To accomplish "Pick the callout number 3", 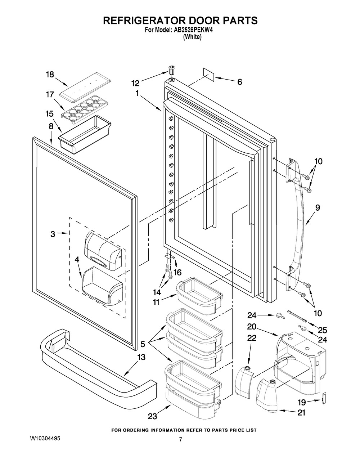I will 53,234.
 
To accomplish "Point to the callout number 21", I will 301,413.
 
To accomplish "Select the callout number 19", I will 302,402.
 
